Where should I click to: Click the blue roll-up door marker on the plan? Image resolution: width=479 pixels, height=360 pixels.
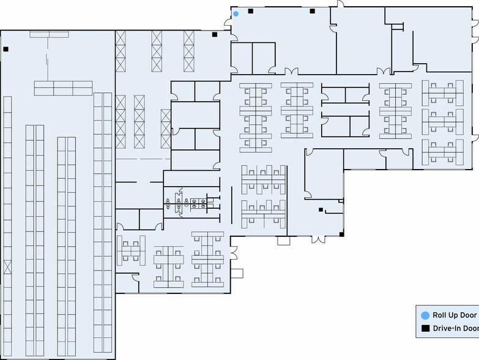[x=236, y=13]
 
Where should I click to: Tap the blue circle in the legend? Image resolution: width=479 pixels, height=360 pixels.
[x=425, y=316]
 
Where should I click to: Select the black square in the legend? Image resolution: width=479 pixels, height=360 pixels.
[x=426, y=328]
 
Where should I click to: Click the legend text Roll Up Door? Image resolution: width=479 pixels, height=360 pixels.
[x=455, y=315]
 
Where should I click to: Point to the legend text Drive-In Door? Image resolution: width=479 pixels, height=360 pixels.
[x=456, y=328]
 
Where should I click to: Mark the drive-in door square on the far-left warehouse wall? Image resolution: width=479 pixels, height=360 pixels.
[x=6, y=49]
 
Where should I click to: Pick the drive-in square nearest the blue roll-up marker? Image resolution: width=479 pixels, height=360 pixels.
[x=250, y=11]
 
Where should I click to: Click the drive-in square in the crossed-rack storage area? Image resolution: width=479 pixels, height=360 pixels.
[x=215, y=34]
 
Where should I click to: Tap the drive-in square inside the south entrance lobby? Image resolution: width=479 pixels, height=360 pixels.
[x=321, y=209]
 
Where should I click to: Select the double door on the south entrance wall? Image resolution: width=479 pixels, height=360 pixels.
[x=318, y=239]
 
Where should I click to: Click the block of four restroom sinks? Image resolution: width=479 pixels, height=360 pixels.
[x=199, y=203]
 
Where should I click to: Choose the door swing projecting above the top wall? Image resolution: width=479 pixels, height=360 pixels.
[x=341, y=4]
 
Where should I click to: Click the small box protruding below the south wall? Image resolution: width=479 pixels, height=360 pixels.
[x=283, y=241]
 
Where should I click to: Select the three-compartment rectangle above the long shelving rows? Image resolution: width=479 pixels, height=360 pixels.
[x=63, y=88]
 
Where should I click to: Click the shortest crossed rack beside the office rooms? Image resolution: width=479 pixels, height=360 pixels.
[x=166, y=129]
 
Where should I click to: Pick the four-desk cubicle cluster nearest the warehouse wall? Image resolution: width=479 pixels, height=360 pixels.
[x=131, y=250]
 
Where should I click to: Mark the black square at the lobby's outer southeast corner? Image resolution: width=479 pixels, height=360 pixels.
[x=341, y=234]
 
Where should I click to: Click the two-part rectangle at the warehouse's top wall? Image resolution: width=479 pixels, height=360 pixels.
[x=49, y=34]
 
